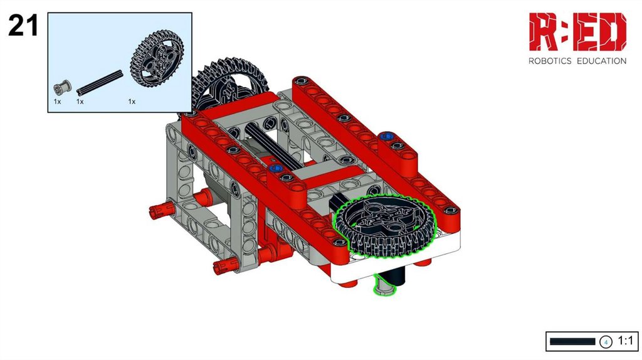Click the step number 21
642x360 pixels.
(23, 25)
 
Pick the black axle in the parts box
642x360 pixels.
(100, 82)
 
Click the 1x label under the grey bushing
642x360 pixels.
(57, 102)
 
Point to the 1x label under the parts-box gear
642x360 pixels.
(132, 102)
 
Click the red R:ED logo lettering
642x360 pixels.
(577, 32)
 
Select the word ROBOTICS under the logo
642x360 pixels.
(550, 61)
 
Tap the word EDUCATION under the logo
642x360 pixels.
(601, 61)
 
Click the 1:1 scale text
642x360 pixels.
(625, 341)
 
